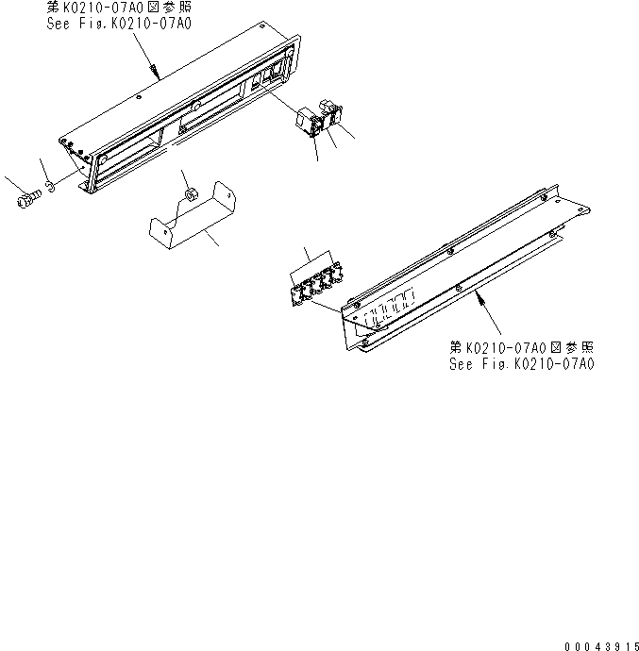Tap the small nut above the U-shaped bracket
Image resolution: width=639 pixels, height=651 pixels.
(x=188, y=194)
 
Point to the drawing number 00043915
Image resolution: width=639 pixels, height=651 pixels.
(x=596, y=643)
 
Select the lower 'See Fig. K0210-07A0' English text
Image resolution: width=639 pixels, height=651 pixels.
(x=522, y=363)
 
